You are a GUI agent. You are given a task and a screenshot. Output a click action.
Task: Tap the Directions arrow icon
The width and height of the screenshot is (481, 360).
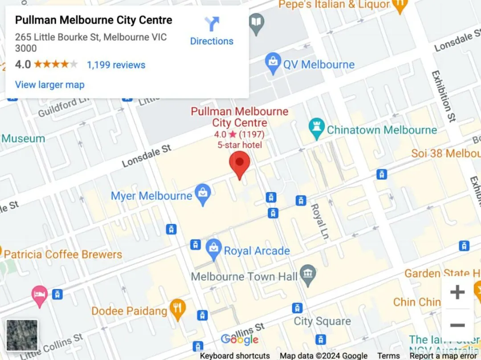pos(212,24)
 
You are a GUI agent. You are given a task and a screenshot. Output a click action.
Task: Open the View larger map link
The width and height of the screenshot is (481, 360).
pos(49,85)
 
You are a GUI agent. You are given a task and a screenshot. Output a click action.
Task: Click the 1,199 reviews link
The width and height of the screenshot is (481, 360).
pos(116,65)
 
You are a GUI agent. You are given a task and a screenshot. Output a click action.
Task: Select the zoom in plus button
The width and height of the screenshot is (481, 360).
pos(457,292)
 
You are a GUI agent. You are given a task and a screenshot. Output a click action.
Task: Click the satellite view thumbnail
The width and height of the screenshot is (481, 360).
pos(22,335)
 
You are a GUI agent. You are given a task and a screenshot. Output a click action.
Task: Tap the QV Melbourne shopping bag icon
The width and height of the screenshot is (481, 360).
pos(273,64)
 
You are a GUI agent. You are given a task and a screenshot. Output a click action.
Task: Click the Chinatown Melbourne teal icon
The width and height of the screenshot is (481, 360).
pos(316,130)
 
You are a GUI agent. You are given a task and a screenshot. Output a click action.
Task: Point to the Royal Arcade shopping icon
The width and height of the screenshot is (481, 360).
pos(214,250)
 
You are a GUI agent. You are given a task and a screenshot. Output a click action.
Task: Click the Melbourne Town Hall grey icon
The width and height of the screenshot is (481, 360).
pos(307,276)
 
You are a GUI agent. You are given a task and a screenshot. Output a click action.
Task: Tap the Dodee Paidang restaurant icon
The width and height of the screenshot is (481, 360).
pos(178,309)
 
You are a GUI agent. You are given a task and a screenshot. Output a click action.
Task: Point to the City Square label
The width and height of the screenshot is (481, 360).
pos(322,321)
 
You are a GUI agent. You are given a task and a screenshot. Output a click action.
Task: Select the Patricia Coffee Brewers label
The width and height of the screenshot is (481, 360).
pos(63,255)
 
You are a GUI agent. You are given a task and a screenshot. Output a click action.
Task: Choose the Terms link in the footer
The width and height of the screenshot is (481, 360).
pos(388,356)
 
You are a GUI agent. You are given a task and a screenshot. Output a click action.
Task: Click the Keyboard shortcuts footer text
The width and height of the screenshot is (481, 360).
pos(235,356)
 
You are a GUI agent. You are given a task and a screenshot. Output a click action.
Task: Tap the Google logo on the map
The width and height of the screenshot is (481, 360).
pos(239,340)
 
